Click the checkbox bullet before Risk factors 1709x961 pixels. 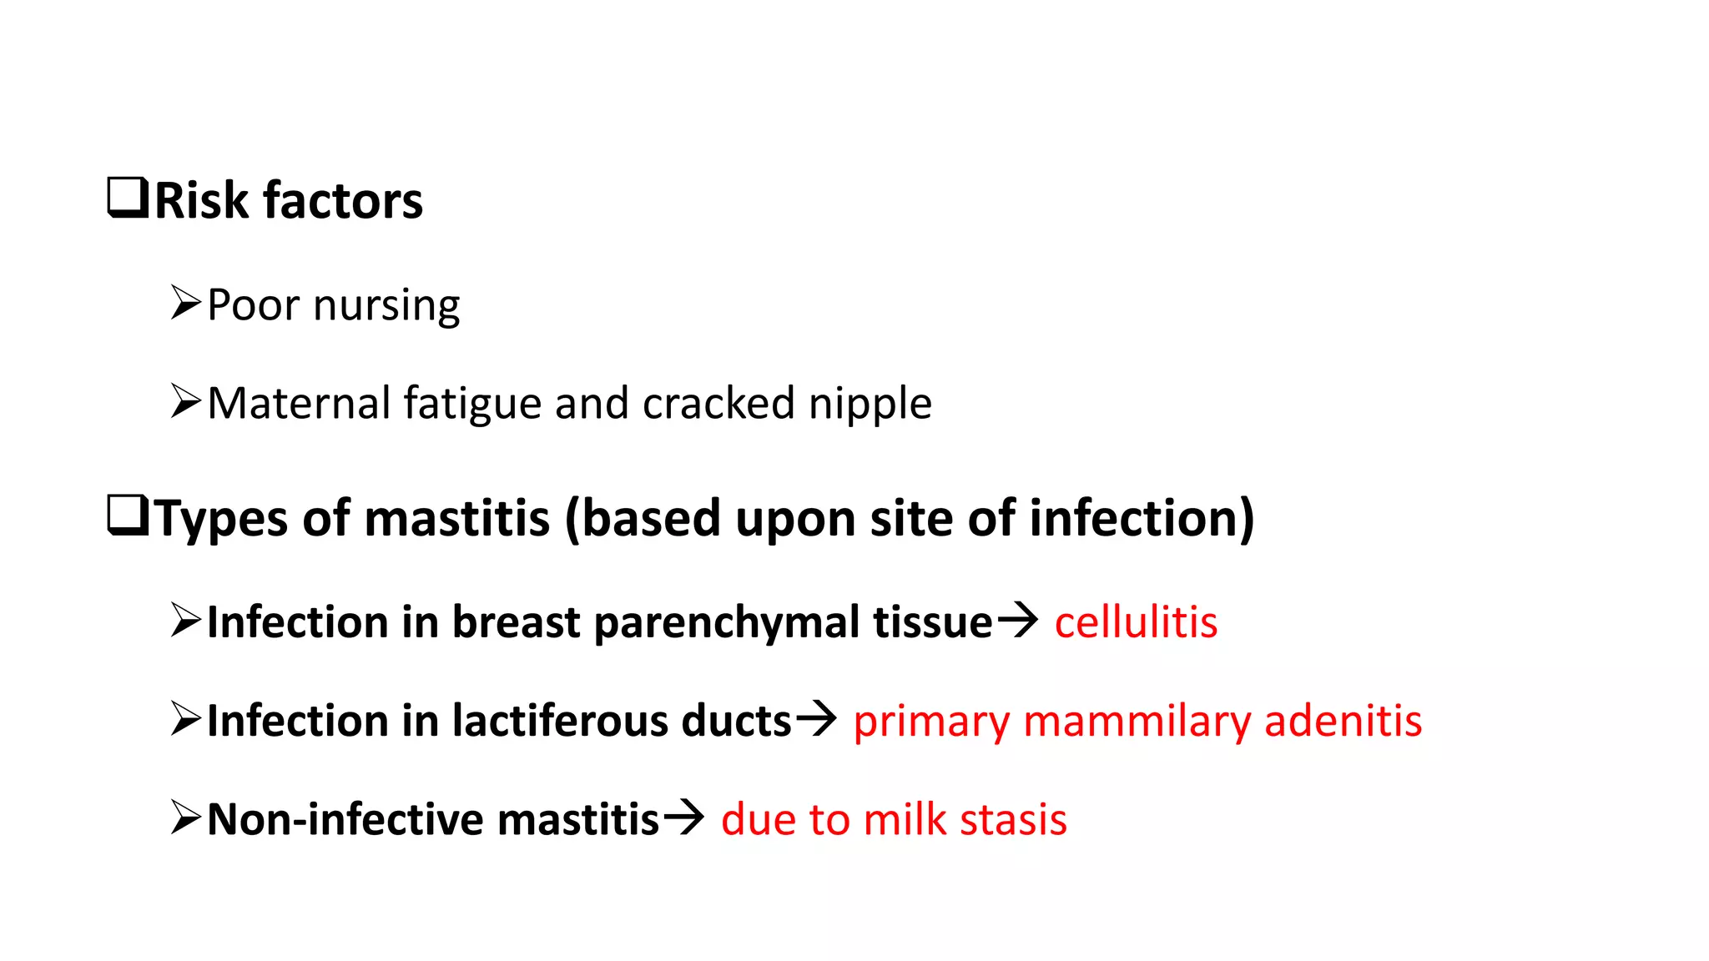click(x=128, y=199)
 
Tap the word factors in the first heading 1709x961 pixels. click(x=342, y=201)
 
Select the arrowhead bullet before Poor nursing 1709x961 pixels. click(x=185, y=303)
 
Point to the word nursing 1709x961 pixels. click(x=386, y=305)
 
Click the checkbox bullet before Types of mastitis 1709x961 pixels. click(x=128, y=516)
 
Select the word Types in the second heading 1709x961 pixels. click(x=222, y=519)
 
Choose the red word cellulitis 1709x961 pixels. click(x=1136, y=622)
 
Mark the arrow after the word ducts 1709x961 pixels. click(x=815, y=718)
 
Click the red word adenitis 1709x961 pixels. click(x=1343, y=721)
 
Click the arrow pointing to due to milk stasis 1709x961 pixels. click(x=683, y=817)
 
